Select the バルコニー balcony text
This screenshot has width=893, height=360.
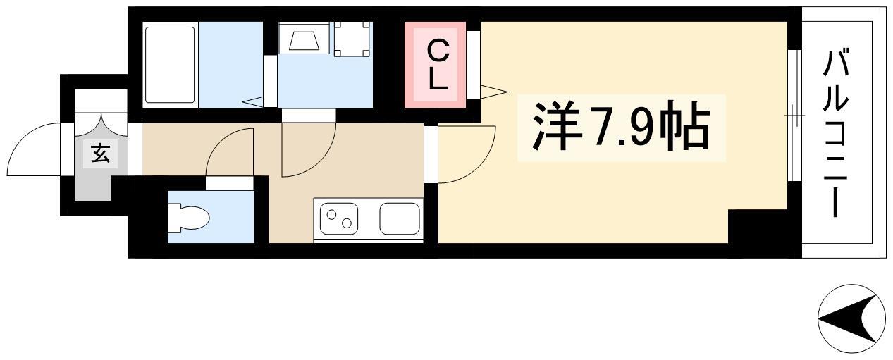[x=837, y=138]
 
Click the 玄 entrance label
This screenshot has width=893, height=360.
[x=100, y=154]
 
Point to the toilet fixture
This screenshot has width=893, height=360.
[x=188, y=218]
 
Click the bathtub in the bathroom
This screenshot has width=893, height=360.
[x=171, y=65]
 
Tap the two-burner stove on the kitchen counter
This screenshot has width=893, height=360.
[x=339, y=218]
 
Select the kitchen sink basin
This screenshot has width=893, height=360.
[x=400, y=218]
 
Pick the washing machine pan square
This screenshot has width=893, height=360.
[x=352, y=39]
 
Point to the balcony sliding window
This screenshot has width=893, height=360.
[x=794, y=116]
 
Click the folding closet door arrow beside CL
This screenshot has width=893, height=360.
[x=493, y=92]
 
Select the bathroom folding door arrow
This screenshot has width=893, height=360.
[x=253, y=101]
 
